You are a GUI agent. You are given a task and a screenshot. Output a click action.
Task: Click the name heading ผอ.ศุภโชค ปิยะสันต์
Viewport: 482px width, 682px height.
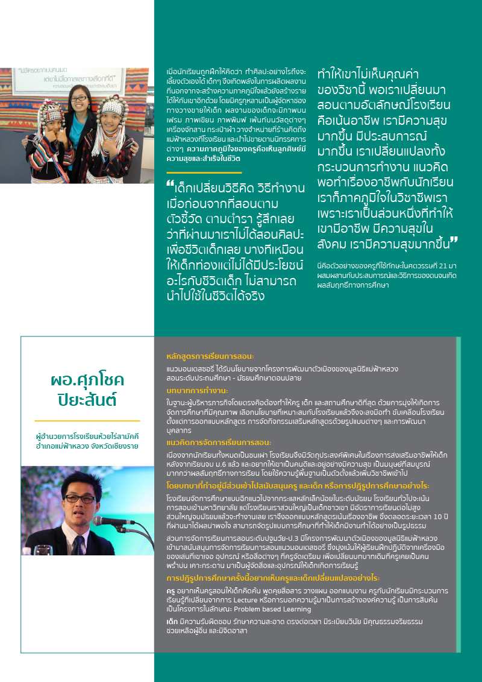pyautogui.click(x=87, y=390)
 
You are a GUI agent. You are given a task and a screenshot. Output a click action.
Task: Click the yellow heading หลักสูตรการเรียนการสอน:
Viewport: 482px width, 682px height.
pyautogui.click(x=210, y=356)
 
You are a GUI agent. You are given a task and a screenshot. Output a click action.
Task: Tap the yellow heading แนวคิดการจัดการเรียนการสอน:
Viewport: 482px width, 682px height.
pyautogui.click(x=219, y=442)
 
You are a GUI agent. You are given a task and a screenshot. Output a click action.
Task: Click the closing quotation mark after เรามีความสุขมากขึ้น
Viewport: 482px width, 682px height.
pyautogui.click(x=453, y=242)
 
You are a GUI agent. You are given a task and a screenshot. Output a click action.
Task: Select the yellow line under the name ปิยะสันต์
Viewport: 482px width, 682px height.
pyautogui.click(x=87, y=421)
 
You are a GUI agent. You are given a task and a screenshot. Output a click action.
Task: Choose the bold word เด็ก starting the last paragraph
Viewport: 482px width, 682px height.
pyautogui.click(x=172, y=621)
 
